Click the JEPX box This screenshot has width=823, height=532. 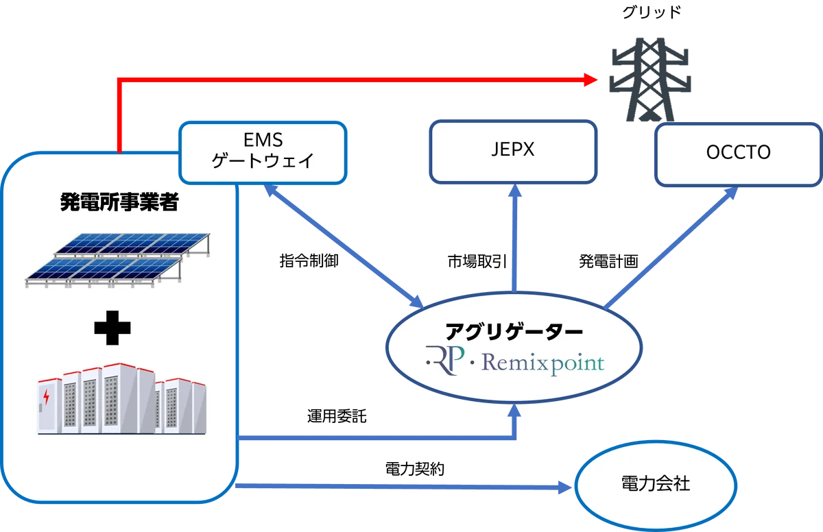[512, 152]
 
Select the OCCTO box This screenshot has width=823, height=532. [738, 154]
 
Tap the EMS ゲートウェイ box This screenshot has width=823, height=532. [263, 152]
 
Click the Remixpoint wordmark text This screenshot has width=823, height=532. [542, 361]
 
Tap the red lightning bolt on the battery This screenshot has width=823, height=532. [46, 397]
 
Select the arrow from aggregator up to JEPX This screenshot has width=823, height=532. [514, 240]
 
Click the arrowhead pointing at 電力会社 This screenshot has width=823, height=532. [564, 487]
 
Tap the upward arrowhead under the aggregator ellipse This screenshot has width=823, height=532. [515, 413]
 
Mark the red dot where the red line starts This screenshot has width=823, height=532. [119, 148]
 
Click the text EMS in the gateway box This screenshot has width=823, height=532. [263, 140]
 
